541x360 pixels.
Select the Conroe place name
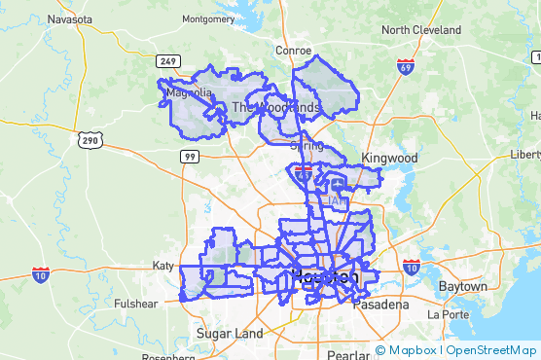[x=293, y=51]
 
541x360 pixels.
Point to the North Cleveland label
[x=421, y=29]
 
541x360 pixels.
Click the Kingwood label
[x=389, y=158]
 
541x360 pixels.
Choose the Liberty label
[x=525, y=155]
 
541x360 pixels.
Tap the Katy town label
[x=161, y=265]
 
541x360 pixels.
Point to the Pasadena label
[x=381, y=305]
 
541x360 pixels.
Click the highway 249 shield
[x=168, y=61]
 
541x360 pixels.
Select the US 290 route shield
[x=90, y=141]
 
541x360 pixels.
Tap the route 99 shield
[x=190, y=156]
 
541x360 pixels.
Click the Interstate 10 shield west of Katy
[x=41, y=275]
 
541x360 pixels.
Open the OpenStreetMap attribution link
[x=491, y=350]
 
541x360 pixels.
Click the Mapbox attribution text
[x=413, y=350]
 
